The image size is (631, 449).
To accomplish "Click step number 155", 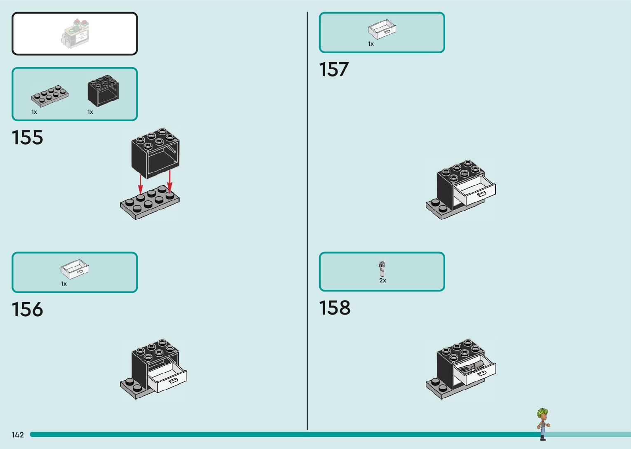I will point(27,138).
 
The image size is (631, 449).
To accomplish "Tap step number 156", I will point(27,310).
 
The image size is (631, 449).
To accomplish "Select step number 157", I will point(334,70).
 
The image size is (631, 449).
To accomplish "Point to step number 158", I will point(335,308).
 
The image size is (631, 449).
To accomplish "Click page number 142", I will point(18,435).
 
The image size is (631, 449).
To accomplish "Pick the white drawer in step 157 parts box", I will point(382,30).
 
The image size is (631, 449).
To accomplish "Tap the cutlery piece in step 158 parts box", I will point(382,268).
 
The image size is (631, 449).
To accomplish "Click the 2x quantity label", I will point(382,280).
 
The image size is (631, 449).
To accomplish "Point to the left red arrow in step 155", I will point(141,184).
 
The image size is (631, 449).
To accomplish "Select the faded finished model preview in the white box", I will point(75,34).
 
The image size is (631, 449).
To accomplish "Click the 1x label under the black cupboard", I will point(90,112).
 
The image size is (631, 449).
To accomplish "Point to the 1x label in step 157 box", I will point(371,44).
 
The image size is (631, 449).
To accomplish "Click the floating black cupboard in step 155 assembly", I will point(155,153).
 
